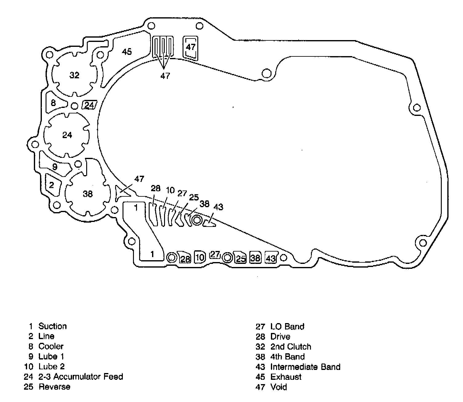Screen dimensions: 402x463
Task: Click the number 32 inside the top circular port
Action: [x=74, y=75]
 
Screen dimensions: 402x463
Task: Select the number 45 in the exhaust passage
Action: [x=127, y=51]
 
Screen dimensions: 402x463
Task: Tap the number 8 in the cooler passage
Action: [x=53, y=103]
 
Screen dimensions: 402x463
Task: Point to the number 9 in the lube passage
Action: [x=55, y=167]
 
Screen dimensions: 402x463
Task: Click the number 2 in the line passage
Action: [x=51, y=185]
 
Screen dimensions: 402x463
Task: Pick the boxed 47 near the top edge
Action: [x=191, y=47]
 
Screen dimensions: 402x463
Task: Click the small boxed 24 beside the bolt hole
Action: [x=89, y=105]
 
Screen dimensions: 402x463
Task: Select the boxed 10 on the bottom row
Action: [x=200, y=257]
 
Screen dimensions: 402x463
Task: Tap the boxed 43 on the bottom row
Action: [x=271, y=258]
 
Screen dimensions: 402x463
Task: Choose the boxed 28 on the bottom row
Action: [x=185, y=259]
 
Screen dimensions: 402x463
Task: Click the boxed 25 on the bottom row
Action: [x=241, y=258]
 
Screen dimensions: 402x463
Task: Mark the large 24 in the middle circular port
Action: [x=67, y=135]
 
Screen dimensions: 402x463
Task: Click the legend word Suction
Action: [x=52, y=326]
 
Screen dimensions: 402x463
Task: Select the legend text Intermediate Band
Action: [x=305, y=367]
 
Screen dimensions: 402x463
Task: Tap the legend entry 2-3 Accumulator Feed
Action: [x=81, y=376]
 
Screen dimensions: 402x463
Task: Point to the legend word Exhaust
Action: [x=286, y=377]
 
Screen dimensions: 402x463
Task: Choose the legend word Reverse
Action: [x=54, y=387]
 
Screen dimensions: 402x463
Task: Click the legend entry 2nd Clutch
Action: [x=291, y=347]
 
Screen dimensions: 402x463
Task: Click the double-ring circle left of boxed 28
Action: [x=171, y=257]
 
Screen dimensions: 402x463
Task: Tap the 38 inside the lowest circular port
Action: [x=88, y=194]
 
